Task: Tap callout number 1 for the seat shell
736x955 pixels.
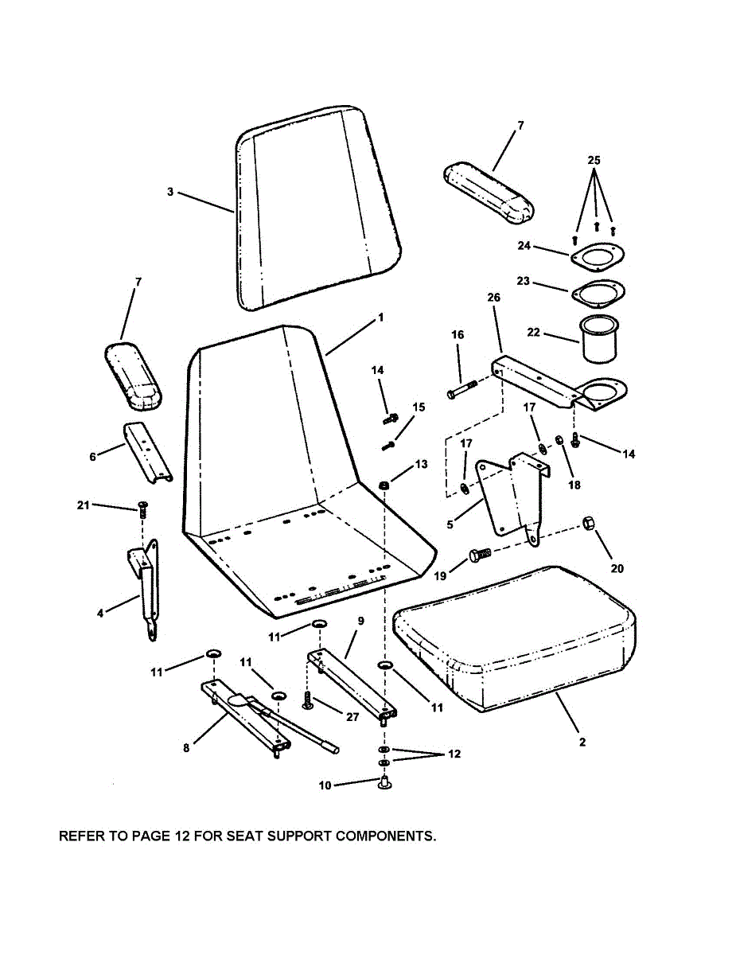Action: tap(380, 317)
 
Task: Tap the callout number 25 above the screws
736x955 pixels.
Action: tap(594, 160)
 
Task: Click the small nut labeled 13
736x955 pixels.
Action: tap(384, 485)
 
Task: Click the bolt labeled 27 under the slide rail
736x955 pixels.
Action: tap(308, 701)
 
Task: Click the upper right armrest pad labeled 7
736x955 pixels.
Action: tap(487, 191)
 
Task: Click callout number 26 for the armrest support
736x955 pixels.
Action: tap(493, 298)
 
